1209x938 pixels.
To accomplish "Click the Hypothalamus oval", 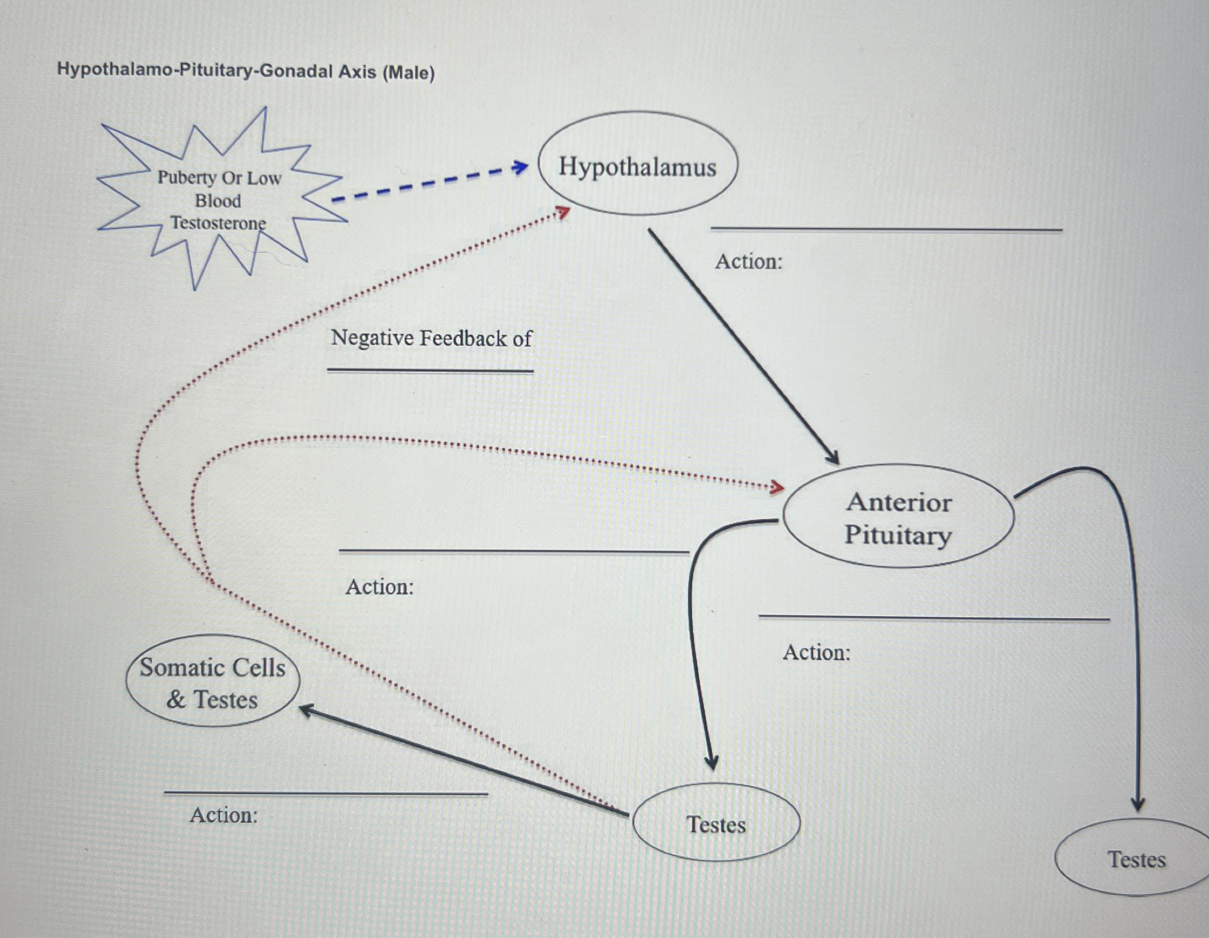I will point(637,164).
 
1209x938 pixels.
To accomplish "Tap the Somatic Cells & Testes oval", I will point(213,681).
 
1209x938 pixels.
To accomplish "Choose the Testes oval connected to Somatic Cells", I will point(716,823).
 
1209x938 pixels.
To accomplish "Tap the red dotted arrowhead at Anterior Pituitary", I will point(778,488).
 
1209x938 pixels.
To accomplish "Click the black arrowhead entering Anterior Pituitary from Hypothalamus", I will point(833,458).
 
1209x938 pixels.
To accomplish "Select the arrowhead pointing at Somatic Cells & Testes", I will point(306,709).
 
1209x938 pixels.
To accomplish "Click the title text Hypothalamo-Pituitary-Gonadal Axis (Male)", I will point(246,71).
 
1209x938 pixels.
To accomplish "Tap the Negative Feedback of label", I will point(430,338).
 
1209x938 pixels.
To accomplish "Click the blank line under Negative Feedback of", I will point(430,370).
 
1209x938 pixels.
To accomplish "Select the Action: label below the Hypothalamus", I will point(748,261).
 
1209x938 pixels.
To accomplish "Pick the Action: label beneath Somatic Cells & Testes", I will point(224,815).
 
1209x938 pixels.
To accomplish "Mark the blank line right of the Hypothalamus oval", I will point(886,228).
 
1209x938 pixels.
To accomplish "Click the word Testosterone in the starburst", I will point(218,223).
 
